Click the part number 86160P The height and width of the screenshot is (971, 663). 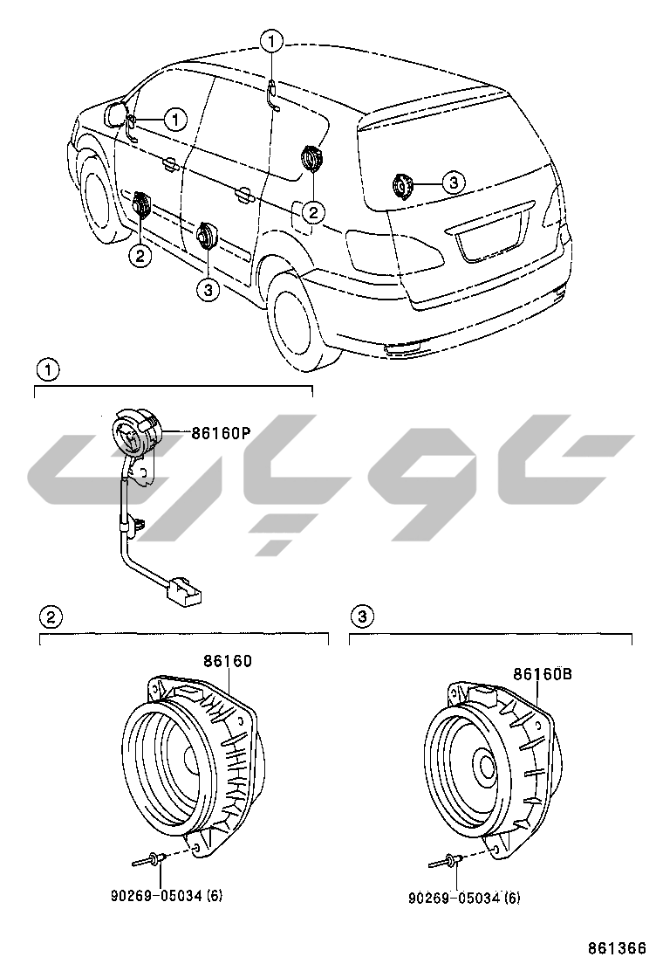click(x=222, y=431)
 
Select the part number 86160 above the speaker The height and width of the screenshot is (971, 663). click(x=228, y=661)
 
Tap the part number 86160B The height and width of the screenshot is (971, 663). click(x=541, y=673)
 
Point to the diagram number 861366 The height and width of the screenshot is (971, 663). click(x=616, y=948)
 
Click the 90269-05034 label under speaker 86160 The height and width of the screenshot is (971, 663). click(x=167, y=896)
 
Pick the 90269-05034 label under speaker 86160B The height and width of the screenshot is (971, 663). click(x=465, y=897)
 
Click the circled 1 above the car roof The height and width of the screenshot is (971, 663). click(x=271, y=40)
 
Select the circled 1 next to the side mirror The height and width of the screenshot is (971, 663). click(x=175, y=119)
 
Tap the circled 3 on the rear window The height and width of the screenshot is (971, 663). click(x=452, y=182)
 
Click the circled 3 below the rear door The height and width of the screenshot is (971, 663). click(x=208, y=289)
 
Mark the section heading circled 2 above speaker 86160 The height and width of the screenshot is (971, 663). click(x=51, y=616)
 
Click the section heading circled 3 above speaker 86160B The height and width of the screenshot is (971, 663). click(x=362, y=616)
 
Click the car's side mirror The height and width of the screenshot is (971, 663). click(x=114, y=114)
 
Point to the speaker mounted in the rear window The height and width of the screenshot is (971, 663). click(x=402, y=186)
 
